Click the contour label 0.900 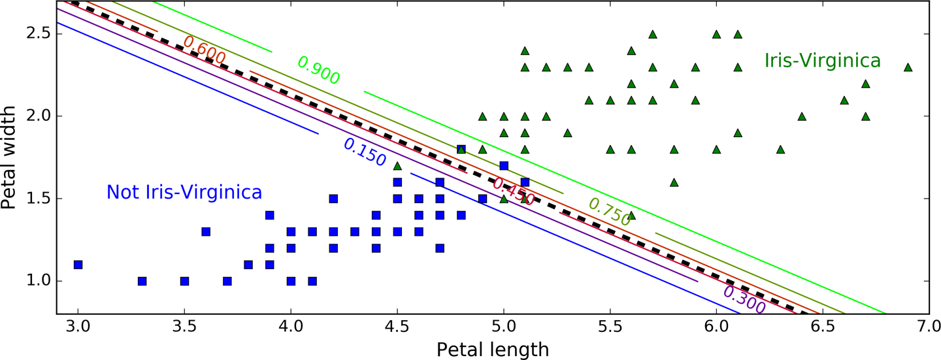318,71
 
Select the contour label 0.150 364,153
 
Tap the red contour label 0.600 205,50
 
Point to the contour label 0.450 514,191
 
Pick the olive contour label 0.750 610,212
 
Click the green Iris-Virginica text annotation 822,61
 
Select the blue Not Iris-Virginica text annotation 184,193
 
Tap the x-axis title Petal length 493,350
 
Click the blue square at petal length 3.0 78,265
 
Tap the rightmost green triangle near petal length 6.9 908,67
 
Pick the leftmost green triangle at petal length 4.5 397,166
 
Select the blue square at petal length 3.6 206,231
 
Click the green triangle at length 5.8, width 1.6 674,182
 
